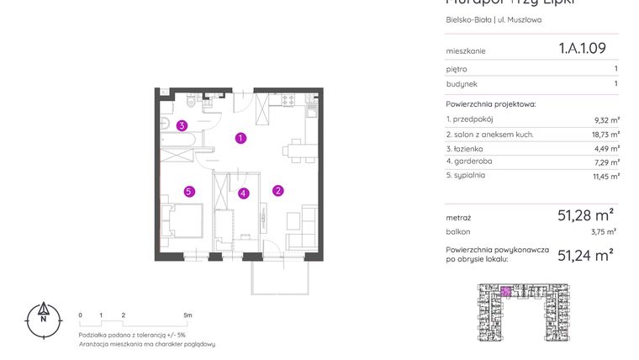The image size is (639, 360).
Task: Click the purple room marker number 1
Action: tap(240, 138)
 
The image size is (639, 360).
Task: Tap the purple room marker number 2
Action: tap(277, 190)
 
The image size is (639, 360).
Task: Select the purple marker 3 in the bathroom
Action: tap(182, 126)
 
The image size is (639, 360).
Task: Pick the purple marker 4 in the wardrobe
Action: tap(243, 193)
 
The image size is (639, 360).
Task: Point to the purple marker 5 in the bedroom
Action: tap(189, 191)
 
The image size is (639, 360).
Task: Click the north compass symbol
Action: tap(41, 318)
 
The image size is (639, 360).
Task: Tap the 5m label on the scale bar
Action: tap(187, 315)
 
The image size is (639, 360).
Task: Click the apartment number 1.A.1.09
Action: tap(582, 49)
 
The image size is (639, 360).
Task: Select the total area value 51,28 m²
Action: tap(585, 214)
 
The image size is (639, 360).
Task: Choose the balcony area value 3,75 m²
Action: tap(603, 230)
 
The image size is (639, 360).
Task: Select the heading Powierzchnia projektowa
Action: tap(490, 104)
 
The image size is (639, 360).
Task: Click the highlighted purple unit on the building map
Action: tap(505, 292)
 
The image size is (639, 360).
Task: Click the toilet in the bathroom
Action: tap(193, 104)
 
